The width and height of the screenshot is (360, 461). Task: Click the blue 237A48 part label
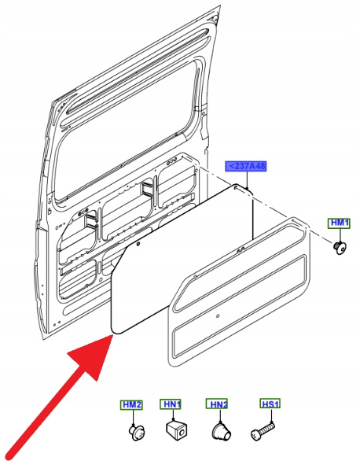pyautogui.click(x=246, y=166)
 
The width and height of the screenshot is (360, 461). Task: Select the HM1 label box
pyautogui.click(x=339, y=223)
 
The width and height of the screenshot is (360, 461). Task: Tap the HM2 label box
pyautogui.click(x=131, y=405)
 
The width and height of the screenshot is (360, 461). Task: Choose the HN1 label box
pyautogui.click(x=171, y=404)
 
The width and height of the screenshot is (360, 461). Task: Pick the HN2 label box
pyautogui.click(x=217, y=404)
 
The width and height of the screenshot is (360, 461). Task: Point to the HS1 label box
pyautogui.click(x=270, y=404)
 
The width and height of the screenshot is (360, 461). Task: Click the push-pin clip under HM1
pyautogui.click(x=340, y=248)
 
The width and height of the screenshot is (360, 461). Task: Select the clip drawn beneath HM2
pyautogui.click(x=137, y=432)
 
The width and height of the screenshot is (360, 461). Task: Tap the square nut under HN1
pyautogui.click(x=177, y=430)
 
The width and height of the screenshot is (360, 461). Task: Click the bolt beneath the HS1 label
pyautogui.click(x=263, y=430)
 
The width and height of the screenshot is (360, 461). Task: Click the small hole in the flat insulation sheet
pyautogui.click(x=138, y=243)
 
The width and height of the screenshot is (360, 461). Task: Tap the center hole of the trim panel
pyautogui.click(x=218, y=316)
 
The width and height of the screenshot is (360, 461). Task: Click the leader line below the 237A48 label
pyautogui.click(x=248, y=180)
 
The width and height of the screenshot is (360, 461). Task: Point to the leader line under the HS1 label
pyautogui.click(x=271, y=416)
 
